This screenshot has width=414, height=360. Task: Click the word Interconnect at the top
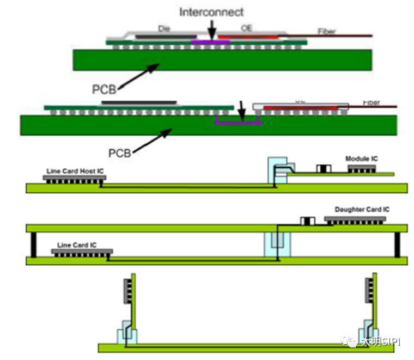[x=212, y=11]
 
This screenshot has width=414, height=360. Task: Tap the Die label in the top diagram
[x=164, y=28]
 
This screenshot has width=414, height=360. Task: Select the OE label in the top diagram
[x=247, y=28]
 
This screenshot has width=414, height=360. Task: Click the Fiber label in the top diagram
[x=327, y=31]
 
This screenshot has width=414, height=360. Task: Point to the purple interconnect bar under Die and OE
[x=210, y=41]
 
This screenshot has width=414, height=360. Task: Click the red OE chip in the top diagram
[x=248, y=38]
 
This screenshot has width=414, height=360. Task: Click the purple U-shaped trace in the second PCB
[x=239, y=123]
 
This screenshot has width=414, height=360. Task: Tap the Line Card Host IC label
[x=75, y=171]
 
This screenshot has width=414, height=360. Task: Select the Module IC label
[x=362, y=159]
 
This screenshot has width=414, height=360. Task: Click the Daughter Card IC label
[x=362, y=210]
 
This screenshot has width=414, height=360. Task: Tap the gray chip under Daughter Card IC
[x=355, y=219]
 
